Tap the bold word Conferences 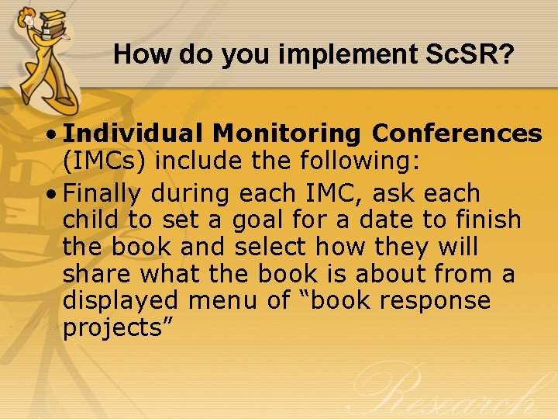456,134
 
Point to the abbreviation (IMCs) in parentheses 105,162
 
